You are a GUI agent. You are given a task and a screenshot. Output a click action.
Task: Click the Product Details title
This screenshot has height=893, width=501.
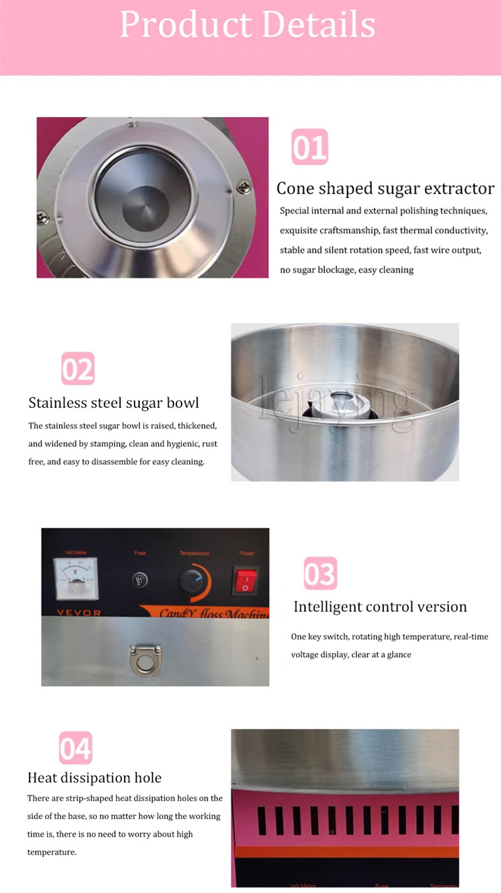(247, 26)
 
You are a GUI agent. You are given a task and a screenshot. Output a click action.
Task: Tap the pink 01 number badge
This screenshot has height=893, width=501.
(309, 147)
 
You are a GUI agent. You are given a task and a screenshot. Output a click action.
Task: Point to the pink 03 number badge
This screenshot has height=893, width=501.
(320, 573)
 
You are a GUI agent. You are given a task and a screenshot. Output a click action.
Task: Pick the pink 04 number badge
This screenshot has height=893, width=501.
(75, 748)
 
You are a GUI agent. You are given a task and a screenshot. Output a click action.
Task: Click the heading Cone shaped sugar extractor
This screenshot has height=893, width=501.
(385, 188)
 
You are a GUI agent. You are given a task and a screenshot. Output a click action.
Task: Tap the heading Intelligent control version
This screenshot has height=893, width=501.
(380, 606)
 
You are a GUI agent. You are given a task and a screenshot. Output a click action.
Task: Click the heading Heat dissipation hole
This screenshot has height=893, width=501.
(95, 778)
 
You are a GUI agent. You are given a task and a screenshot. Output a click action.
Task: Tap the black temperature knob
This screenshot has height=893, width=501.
(192, 581)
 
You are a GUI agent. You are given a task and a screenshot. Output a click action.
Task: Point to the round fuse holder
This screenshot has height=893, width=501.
(140, 580)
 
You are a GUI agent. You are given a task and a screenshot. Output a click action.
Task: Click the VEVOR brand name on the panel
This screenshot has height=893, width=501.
(74, 613)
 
